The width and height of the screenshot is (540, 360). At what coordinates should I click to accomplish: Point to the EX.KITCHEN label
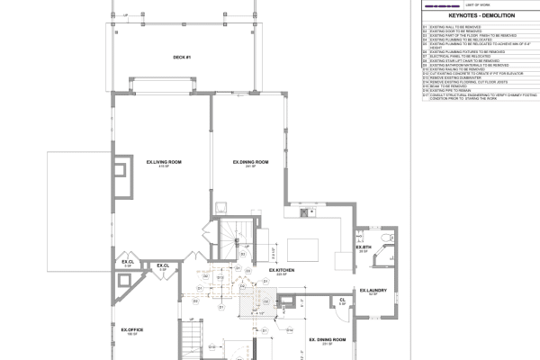pyautogui.click(x=282, y=270)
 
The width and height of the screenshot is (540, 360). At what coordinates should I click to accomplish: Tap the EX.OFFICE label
pyautogui.click(x=133, y=330)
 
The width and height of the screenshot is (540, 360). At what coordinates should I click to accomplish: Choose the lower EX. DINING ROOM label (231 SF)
pyautogui.click(x=328, y=339)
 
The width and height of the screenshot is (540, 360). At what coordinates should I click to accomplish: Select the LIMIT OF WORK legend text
pyautogui.click(x=478, y=6)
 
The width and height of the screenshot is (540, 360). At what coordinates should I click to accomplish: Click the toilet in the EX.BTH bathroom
pyautogui.click(x=386, y=238)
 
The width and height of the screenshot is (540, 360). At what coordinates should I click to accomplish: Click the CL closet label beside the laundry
pyautogui.click(x=343, y=301)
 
